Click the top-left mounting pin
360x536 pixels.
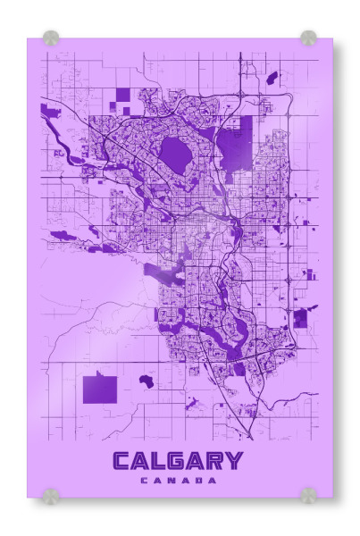(51, 38)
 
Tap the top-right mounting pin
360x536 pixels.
(308, 38)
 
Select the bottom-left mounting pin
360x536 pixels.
(51, 494)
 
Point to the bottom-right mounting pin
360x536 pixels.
(308, 494)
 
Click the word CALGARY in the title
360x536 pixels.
(178, 461)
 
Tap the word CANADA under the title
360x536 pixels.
(179, 481)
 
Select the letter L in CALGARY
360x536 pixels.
(159, 461)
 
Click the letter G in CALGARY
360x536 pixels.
(178, 461)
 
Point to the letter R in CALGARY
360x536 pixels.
(215, 461)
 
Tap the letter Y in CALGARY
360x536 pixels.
(233, 461)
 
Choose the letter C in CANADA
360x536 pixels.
(144, 481)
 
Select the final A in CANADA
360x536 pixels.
(213, 481)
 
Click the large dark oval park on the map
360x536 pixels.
(175, 157)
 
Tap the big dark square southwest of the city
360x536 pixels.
(100, 389)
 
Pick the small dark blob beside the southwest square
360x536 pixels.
(146, 381)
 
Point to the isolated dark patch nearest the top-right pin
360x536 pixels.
(272, 78)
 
